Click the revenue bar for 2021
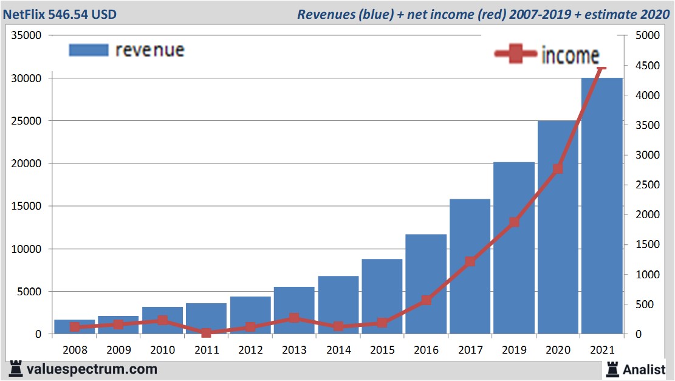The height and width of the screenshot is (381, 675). coord(602,207)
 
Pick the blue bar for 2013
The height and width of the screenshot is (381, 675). coord(294,311)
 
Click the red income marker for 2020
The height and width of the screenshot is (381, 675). coord(558,169)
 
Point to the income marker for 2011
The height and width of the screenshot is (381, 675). coord(207,333)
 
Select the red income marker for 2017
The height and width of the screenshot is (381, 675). coord(470,262)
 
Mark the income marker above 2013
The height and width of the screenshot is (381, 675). coord(294,318)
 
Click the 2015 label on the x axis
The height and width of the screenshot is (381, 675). coord(382,351)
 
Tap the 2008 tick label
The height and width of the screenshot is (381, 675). coord(75,351)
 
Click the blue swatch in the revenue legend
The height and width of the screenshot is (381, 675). coord(88,50)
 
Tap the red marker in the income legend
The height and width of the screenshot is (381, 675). coord(516,55)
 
